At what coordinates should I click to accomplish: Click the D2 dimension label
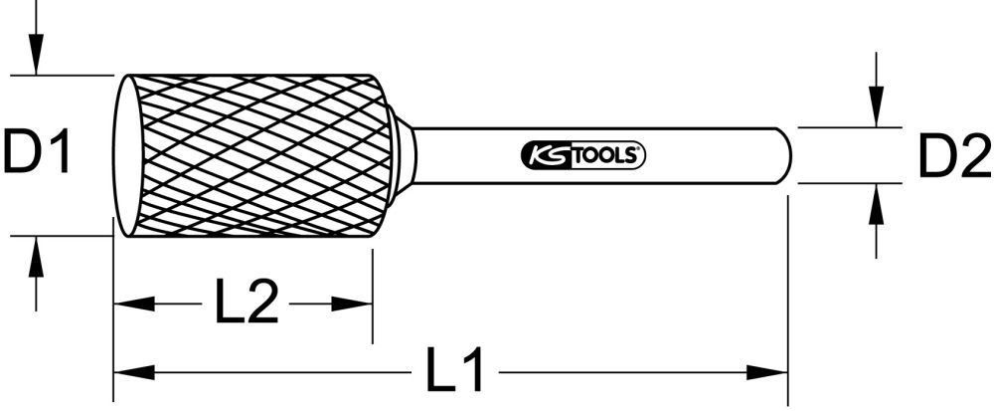pyautogui.click(x=951, y=156)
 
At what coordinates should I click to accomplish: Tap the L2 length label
pyautogui.click(x=244, y=303)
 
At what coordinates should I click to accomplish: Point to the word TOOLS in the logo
pyautogui.click(x=607, y=155)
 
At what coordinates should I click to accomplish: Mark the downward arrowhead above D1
pyautogui.click(x=36, y=61)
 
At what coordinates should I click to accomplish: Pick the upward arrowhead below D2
pyautogui.click(x=876, y=198)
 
